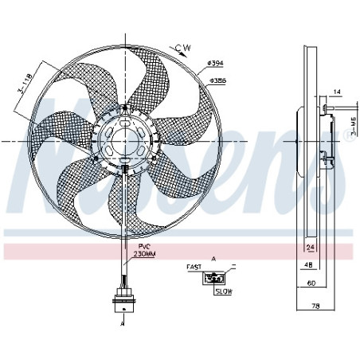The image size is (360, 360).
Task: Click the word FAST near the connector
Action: point(194,268)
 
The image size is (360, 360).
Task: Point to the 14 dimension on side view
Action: point(337,93)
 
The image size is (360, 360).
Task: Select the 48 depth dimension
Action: point(307,266)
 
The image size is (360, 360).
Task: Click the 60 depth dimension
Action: point(312,284)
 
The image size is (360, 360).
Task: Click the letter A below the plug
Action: point(123,325)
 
